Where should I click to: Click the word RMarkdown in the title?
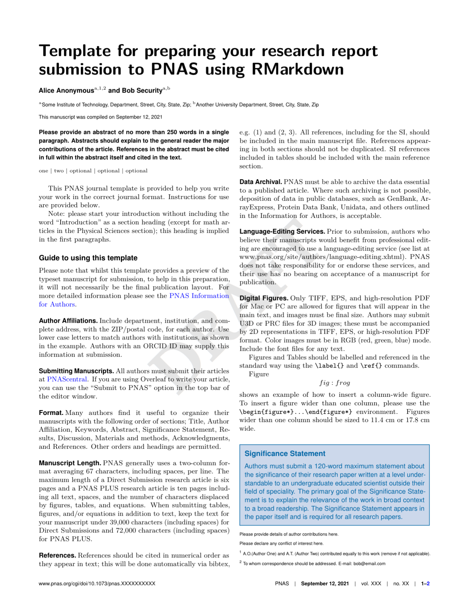click(297, 69)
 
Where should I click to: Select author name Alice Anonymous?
click(66, 91)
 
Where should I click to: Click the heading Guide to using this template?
click(88, 258)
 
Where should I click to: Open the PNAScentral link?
click(67, 379)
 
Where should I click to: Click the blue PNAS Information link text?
click(199, 296)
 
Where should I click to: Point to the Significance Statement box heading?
click(285, 454)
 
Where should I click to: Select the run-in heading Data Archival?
click(261, 182)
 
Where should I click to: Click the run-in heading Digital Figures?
click(264, 298)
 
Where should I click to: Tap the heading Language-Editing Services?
click(282, 232)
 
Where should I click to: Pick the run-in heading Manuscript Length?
click(70, 463)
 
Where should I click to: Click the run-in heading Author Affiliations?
click(68, 321)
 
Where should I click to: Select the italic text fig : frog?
click(335, 383)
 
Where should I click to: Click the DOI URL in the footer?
click(97, 584)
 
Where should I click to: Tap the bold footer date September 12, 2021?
click(325, 584)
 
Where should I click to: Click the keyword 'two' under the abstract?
click(59, 171)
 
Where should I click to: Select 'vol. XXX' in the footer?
click(371, 584)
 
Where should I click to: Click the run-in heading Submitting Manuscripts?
click(76, 371)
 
